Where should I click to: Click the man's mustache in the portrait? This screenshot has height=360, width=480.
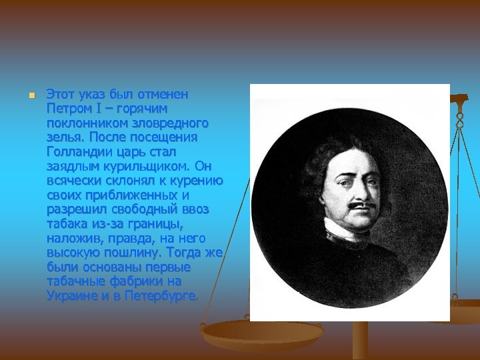[363, 205]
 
